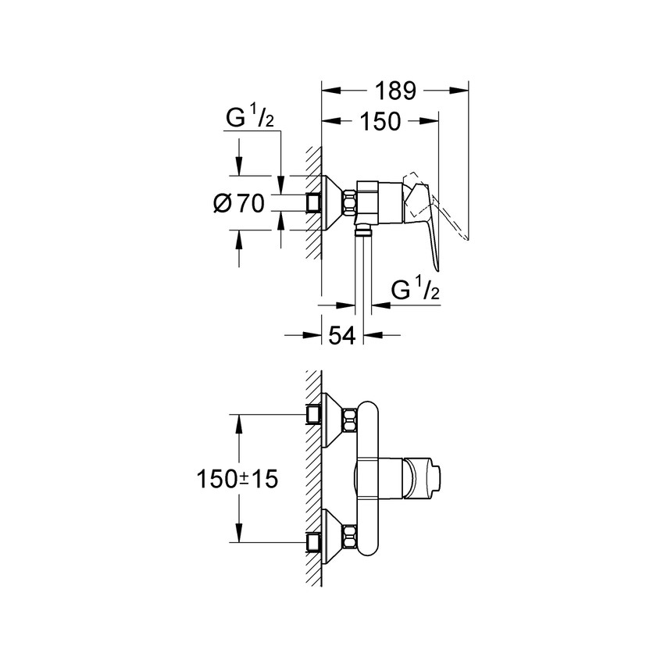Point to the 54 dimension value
(x=342, y=336)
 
